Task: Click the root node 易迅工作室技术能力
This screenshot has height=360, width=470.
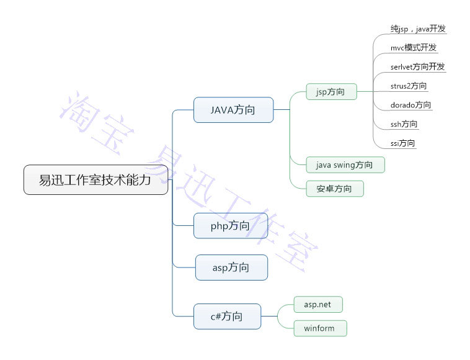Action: (x=95, y=180)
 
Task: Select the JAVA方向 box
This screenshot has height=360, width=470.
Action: (x=233, y=110)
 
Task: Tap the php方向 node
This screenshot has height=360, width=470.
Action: (x=230, y=225)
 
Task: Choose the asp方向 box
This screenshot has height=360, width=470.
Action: (x=231, y=268)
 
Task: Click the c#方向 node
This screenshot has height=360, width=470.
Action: (x=226, y=317)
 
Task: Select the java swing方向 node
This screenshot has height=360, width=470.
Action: (x=345, y=164)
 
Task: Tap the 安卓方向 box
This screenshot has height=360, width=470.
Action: (x=335, y=189)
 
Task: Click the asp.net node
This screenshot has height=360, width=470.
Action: (x=317, y=305)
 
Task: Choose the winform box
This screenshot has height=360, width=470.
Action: (x=320, y=328)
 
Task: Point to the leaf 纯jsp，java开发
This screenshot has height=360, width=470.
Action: (x=418, y=29)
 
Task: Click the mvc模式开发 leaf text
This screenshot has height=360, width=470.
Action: (x=414, y=48)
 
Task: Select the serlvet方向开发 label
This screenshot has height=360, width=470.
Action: (x=418, y=66)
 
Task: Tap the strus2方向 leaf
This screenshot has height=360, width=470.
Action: (x=409, y=86)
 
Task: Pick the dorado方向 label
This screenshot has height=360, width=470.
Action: (x=410, y=105)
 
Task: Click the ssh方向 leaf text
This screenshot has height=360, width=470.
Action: (x=404, y=124)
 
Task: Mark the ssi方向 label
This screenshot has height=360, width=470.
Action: (x=403, y=143)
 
